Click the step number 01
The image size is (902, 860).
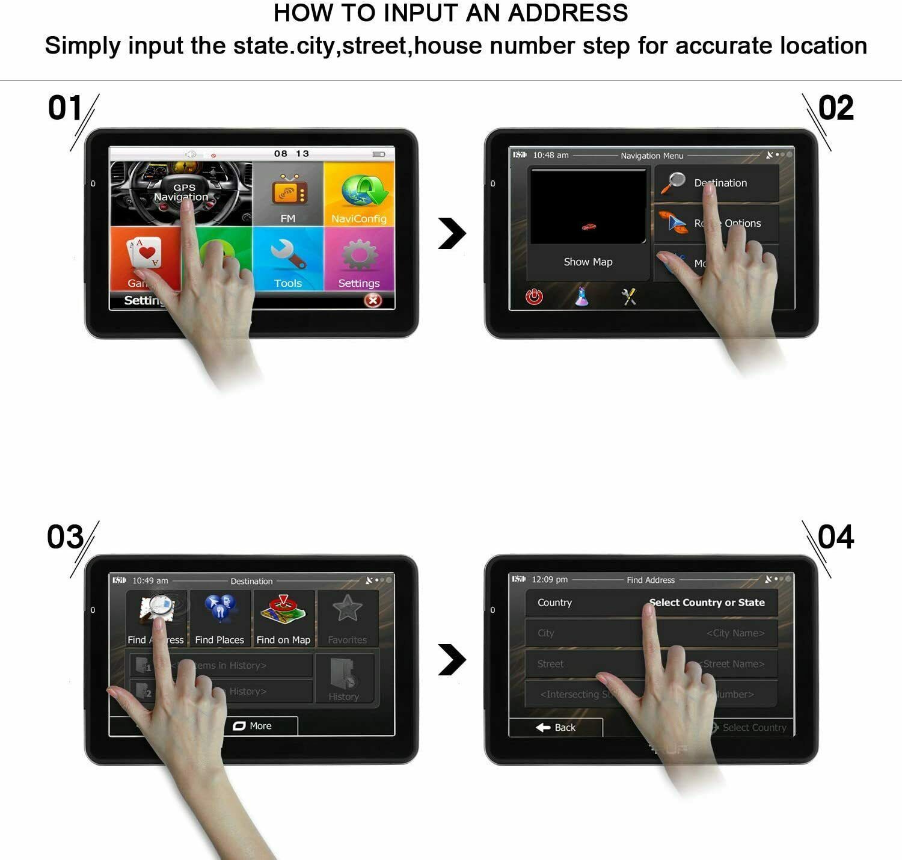64,108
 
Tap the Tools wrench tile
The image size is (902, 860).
288,259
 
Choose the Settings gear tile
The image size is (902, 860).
359,259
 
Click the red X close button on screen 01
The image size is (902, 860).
373,300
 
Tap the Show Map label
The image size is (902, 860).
588,262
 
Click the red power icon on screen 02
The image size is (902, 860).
534,296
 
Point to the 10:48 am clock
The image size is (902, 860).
550,155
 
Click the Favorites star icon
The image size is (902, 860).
348,609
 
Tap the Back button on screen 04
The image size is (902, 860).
556,727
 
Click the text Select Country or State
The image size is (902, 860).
707,603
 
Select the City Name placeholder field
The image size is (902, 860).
735,633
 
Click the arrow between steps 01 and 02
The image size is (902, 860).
452,233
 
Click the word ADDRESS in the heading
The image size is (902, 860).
568,13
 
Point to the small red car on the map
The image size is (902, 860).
589,227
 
